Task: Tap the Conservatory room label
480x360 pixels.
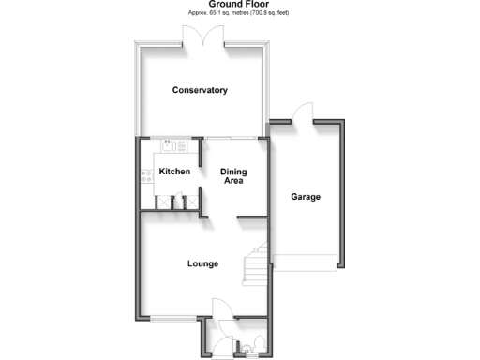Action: click(x=200, y=90)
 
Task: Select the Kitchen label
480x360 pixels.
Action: click(x=174, y=172)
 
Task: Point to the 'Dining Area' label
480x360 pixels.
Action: click(x=232, y=175)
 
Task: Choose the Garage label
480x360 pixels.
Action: click(x=306, y=197)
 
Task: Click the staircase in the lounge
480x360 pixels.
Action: click(x=255, y=266)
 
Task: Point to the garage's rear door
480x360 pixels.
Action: click(x=300, y=112)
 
